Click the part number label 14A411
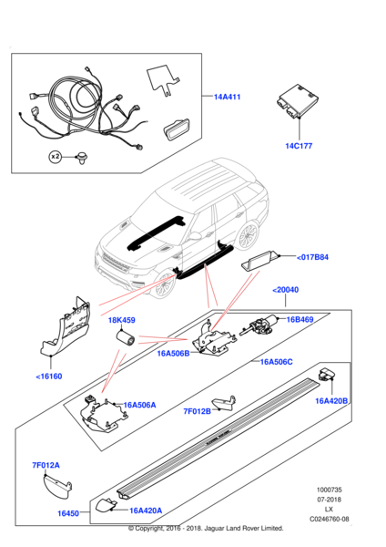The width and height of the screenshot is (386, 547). pyautogui.click(x=228, y=97)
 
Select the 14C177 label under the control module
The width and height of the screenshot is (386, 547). pyautogui.click(x=299, y=146)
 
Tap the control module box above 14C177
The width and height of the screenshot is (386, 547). pyautogui.click(x=298, y=101)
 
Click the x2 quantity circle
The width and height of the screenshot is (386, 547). pyautogui.click(x=55, y=157)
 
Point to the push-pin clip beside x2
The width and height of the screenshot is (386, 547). pyautogui.click(x=83, y=159)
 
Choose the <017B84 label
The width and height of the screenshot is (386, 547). pyautogui.click(x=312, y=257)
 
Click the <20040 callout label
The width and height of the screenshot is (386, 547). pyautogui.click(x=285, y=290)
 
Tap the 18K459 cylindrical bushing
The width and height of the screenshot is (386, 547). pyautogui.click(x=125, y=338)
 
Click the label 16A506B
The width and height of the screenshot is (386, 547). pyautogui.click(x=173, y=354)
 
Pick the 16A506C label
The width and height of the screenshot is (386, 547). pyautogui.click(x=276, y=362)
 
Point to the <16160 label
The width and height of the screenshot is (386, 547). pyautogui.click(x=49, y=377)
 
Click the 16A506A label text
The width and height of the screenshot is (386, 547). pyautogui.click(x=139, y=405)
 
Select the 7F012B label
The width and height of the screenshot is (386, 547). pyautogui.click(x=198, y=411)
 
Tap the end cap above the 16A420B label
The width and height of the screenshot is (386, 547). pyautogui.click(x=327, y=375)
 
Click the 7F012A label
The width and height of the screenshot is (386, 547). pyautogui.click(x=46, y=465)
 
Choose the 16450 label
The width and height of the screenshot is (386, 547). pyautogui.click(x=68, y=513)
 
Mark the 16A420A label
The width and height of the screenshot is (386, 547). pyautogui.click(x=146, y=511)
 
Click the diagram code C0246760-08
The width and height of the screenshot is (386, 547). pyautogui.click(x=330, y=519)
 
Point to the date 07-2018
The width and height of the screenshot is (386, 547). pyautogui.click(x=330, y=500)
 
